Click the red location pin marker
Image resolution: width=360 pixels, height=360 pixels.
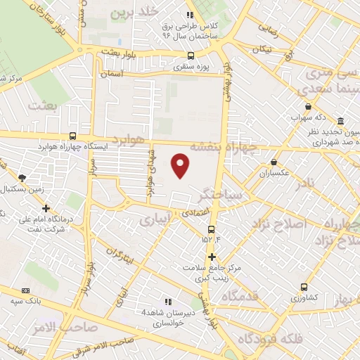click(181, 165)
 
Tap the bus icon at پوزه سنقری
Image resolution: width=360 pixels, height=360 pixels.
click(191, 56)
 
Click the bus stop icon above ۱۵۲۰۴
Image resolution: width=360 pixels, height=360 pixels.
click(212, 229)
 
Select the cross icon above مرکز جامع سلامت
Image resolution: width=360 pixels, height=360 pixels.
click(211, 257)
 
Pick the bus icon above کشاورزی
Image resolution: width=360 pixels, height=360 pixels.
click(304, 287)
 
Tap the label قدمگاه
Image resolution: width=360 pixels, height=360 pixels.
click(240, 297)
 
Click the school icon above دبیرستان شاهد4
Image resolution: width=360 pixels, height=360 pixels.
click(167, 302)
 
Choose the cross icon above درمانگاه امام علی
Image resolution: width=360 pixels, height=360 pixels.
click(46, 208)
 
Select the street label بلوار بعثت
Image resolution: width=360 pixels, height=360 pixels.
click(116, 52)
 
